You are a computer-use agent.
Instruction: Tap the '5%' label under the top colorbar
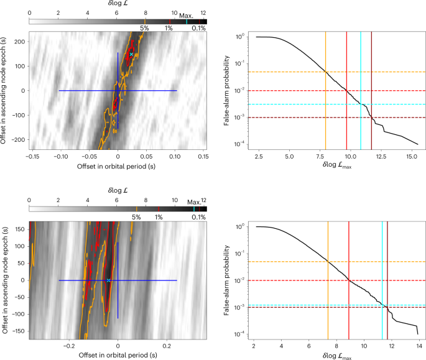pyautogui.click(x=144, y=28)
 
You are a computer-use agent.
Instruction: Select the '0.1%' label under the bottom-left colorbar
pyautogui.click(x=198, y=217)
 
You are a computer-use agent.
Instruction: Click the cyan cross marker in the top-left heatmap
pyautogui.click(x=131, y=55)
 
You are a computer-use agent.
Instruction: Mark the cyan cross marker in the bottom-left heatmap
pyautogui.click(x=109, y=280)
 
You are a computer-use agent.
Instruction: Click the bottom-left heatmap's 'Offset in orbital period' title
pyautogui.click(x=118, y=354)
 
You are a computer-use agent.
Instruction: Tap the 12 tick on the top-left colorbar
pyautogui.click(x=203, y=12)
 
